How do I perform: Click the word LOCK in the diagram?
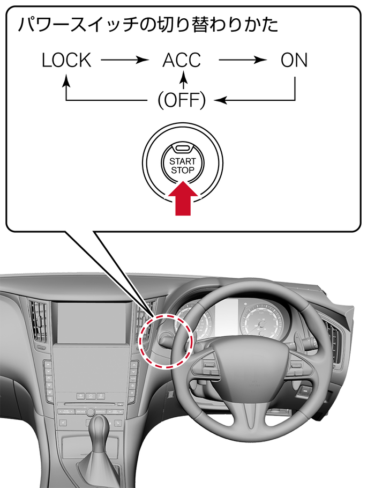[x=66, y=60]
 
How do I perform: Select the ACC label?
[x=182, y=60]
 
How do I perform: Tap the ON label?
[x=294, y=60]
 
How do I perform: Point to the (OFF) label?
[x=182, y=100]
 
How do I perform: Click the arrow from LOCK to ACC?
[x=125, y=60]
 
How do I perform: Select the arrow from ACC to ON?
[x=243, y=60]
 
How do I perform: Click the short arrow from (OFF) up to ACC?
[x=184, y=80]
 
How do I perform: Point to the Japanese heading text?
[x=148, y=25]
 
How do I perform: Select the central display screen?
[x=92, y=322]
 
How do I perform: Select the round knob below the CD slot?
[x=91, y=411]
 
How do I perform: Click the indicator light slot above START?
[x=182, y=148]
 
